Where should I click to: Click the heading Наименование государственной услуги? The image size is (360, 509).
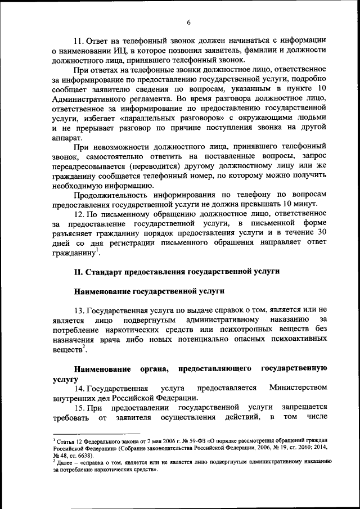pyautogui.click(x=150, y=291)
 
